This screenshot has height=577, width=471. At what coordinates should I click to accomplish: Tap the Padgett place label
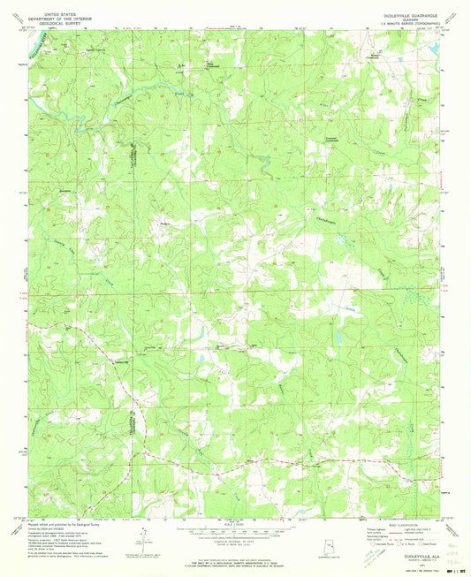point(164,223)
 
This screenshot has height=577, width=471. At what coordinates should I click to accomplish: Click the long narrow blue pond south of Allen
point(340,336)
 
